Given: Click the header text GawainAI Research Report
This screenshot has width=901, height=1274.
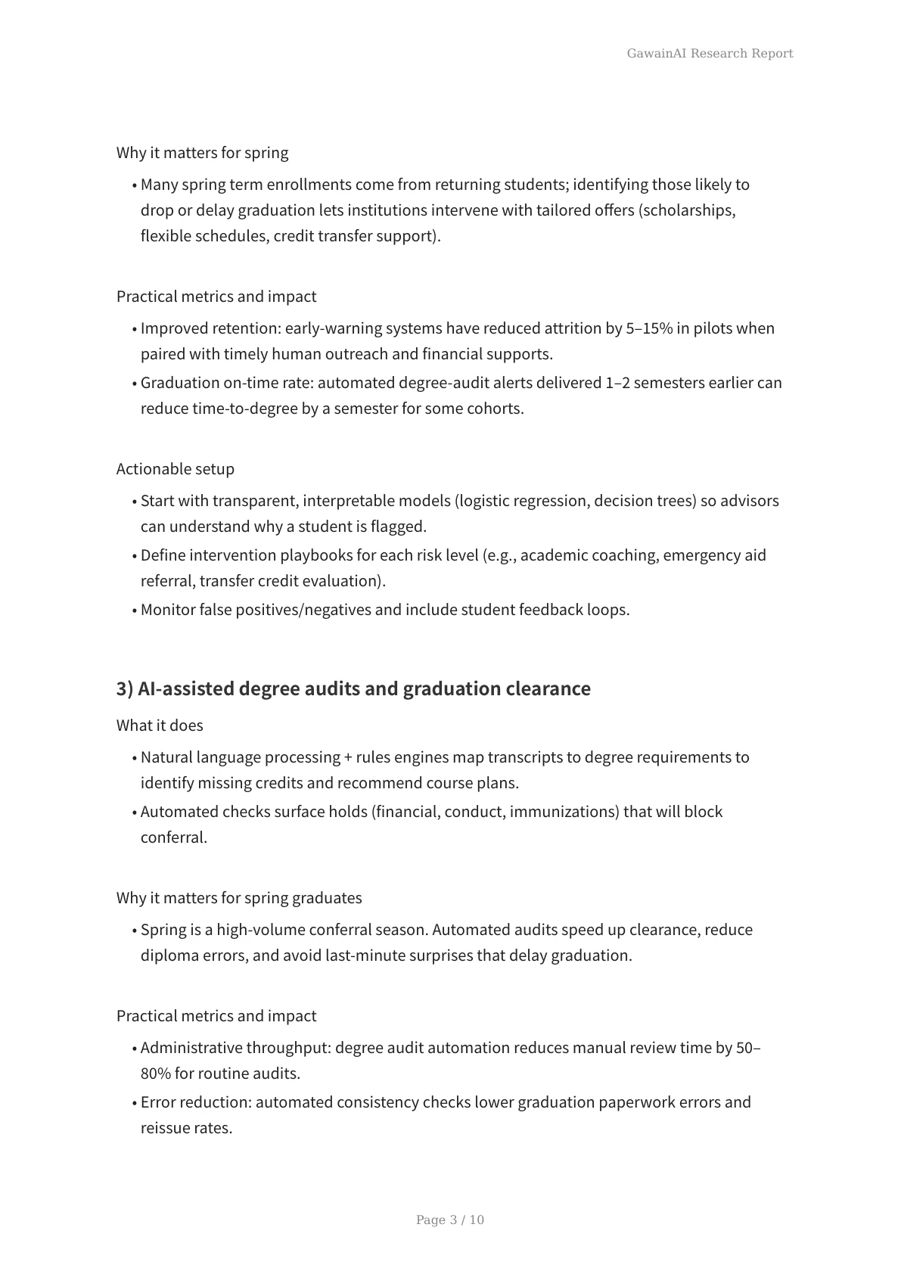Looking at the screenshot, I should tap(710, 53).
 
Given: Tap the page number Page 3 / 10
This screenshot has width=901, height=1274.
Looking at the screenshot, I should tap(450, 1220).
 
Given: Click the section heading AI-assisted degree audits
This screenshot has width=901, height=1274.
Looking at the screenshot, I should tap(353, 688).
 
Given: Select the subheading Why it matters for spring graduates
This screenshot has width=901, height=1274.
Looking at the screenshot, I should tap(239, 897).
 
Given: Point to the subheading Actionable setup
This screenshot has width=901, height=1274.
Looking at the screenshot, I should tap(176, 468).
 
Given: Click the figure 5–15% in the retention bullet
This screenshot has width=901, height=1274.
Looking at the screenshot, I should tap(649, 328).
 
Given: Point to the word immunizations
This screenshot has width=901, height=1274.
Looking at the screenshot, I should tap(563, 811).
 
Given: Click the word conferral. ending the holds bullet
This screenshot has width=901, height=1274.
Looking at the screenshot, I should tap(174, 837).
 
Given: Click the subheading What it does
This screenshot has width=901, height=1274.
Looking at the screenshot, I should tap(160, 725).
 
